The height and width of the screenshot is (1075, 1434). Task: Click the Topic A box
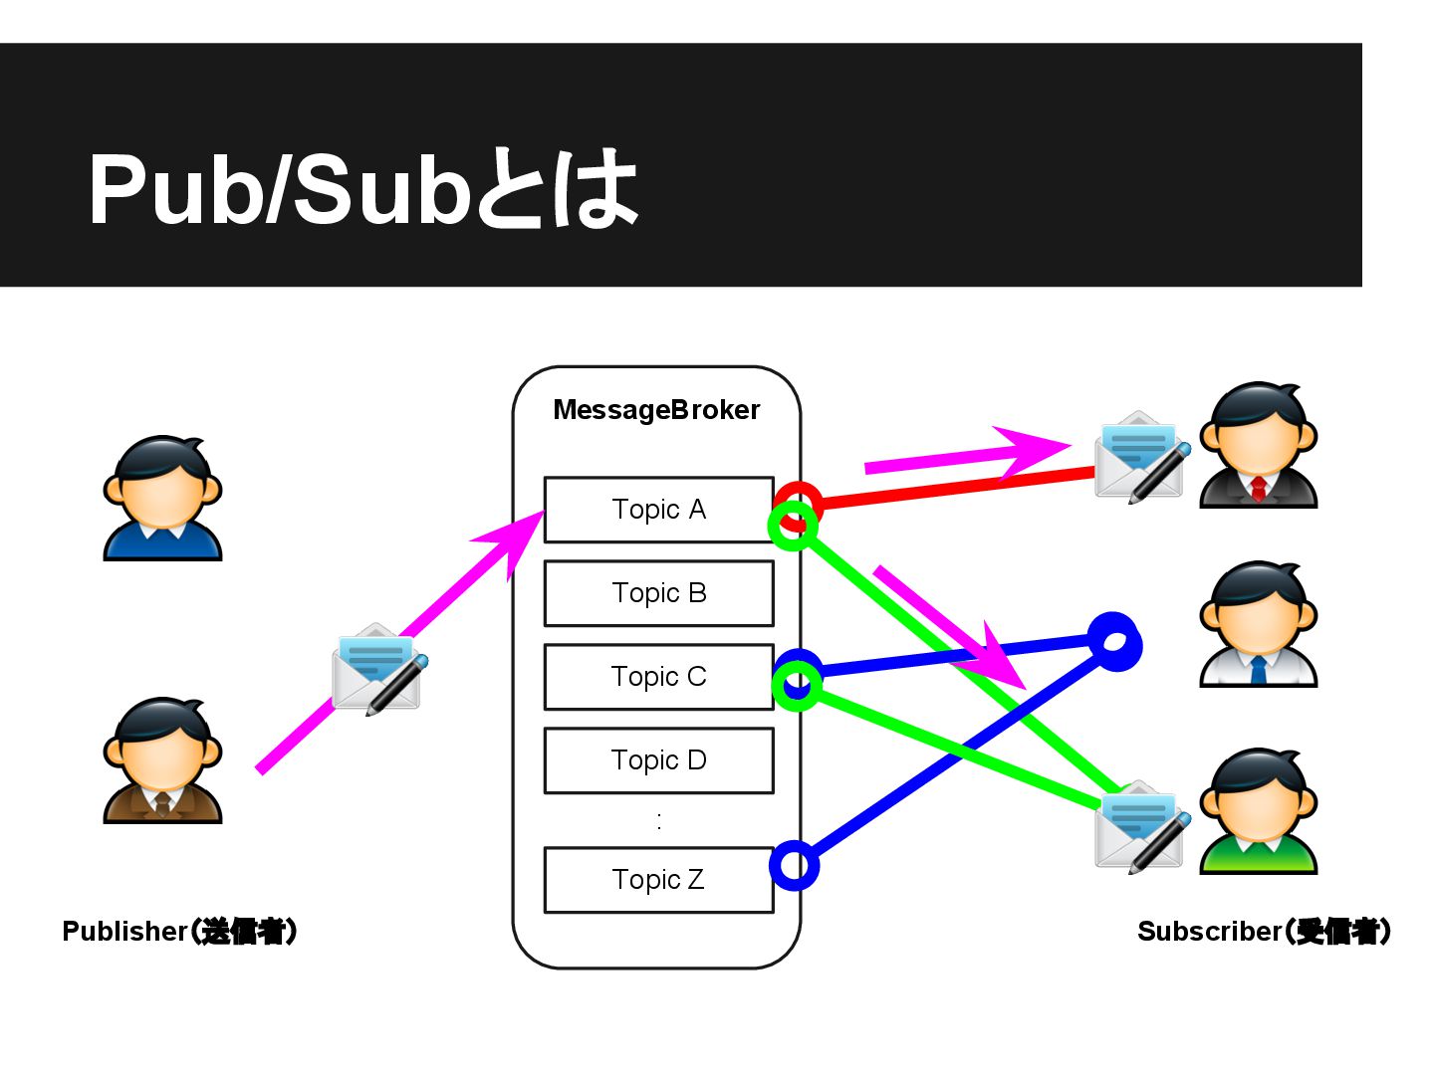tap(658, 510)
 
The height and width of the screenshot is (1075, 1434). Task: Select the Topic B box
tap(658, 593)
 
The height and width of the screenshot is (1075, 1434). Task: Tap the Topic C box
tap(658, 677)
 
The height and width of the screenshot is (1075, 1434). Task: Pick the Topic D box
tap(658, 760)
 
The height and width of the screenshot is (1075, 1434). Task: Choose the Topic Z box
tap(658, 880)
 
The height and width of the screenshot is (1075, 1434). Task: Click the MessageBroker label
tap(656, 410)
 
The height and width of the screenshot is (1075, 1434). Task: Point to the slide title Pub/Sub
tap(362, 189)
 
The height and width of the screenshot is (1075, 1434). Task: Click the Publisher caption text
tap(179, 932)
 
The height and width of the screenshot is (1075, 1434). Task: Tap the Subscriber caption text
tap(1264, 932)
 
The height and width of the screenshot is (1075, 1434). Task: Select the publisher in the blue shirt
tap(162, 498)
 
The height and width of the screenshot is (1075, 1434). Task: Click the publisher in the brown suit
tap(162, 760)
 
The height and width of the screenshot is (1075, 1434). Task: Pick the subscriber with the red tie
tap(1258, 445)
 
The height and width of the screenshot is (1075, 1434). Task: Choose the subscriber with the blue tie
tap(1258, 624)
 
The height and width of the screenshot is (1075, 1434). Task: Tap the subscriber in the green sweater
tap(1258, 811)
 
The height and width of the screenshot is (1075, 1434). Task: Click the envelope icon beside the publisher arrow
tap(377, 668)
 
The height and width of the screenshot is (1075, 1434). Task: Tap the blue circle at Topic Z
tap(795, 866)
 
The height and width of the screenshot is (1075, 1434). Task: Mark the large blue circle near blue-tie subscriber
tap(1115, 641)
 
